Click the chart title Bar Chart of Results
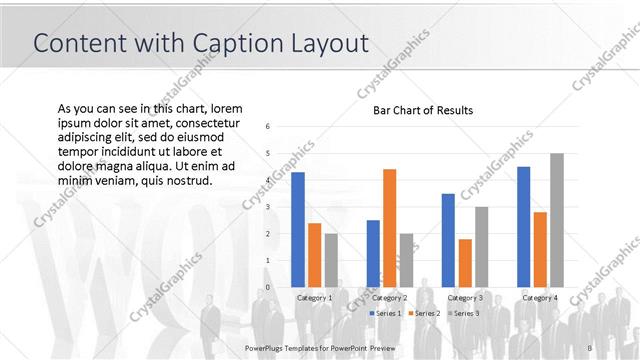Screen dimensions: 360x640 [422, 110]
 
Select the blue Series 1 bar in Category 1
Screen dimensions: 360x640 [297, 229]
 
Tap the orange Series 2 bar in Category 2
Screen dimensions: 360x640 [388, 227]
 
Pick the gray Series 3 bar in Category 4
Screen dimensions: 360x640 [557, 220]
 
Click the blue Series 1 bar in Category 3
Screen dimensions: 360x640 [448, 240]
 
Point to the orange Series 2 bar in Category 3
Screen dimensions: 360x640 [464, 262]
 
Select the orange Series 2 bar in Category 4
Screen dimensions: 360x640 [540, 249]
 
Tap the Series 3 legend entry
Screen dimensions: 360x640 [462, 314]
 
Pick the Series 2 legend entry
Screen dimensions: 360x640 [425, 314]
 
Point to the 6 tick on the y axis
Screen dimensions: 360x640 [268, 127]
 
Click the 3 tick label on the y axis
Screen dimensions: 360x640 [268, 207]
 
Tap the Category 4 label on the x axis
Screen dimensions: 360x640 [540, 298]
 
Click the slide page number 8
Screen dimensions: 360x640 [590, 347]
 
